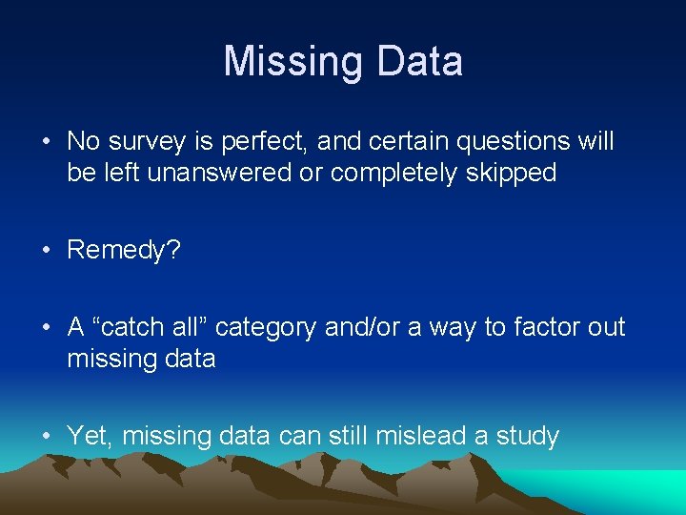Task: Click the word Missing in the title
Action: (x=293, y=61)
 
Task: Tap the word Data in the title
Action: (x=419, y=61)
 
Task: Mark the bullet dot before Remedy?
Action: (x=46, y=251)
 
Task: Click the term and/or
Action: (x=363, y=327)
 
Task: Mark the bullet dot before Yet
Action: (x=46, y=436)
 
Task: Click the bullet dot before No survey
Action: (x=46, y=142)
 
